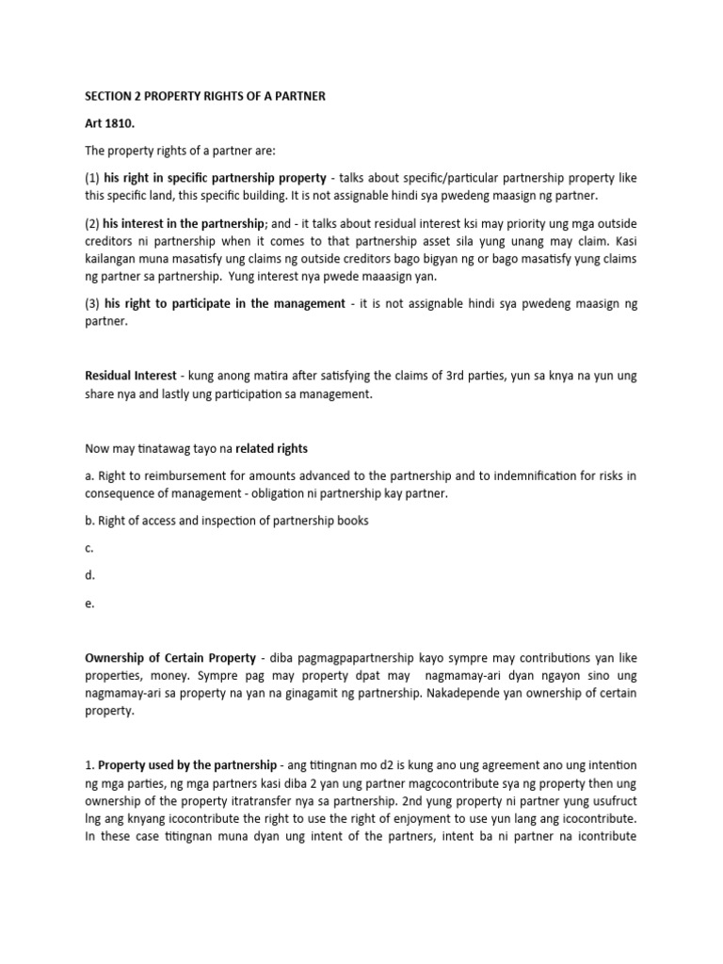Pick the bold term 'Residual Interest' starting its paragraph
131,376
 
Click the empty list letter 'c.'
89,548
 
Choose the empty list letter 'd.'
89,575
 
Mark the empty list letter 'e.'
89,603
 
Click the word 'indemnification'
527,475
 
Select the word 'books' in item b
350,521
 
